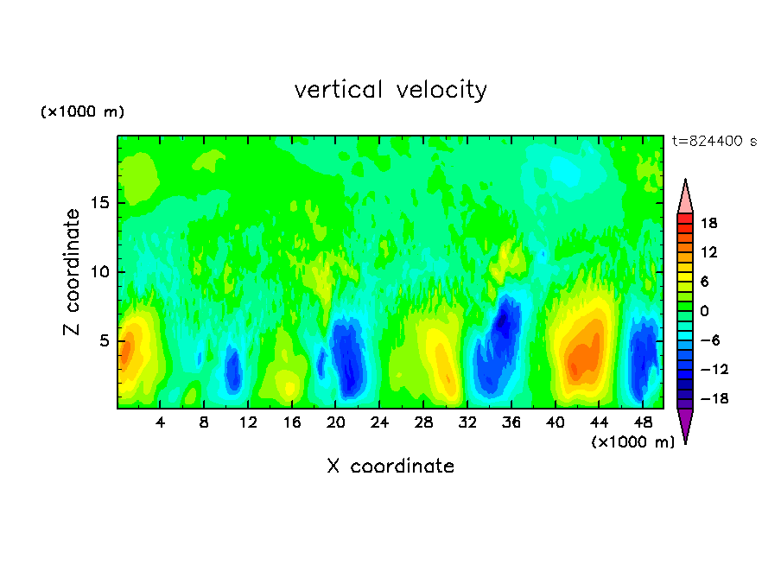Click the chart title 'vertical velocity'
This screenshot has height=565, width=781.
click(390, 90)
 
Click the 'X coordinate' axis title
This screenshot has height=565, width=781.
click(390, 467)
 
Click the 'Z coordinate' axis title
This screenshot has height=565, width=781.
click(72, 272)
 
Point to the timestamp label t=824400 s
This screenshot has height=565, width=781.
click(714, 142)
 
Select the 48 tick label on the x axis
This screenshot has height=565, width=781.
click(642, 423)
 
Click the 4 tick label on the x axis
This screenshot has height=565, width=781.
click(161, 423)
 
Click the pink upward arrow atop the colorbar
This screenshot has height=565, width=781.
click(685, 197)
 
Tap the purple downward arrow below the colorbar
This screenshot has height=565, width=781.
click(685, 424)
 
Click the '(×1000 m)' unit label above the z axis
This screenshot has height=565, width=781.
click(83, 112)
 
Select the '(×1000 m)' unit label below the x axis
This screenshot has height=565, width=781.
click(633, 442)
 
